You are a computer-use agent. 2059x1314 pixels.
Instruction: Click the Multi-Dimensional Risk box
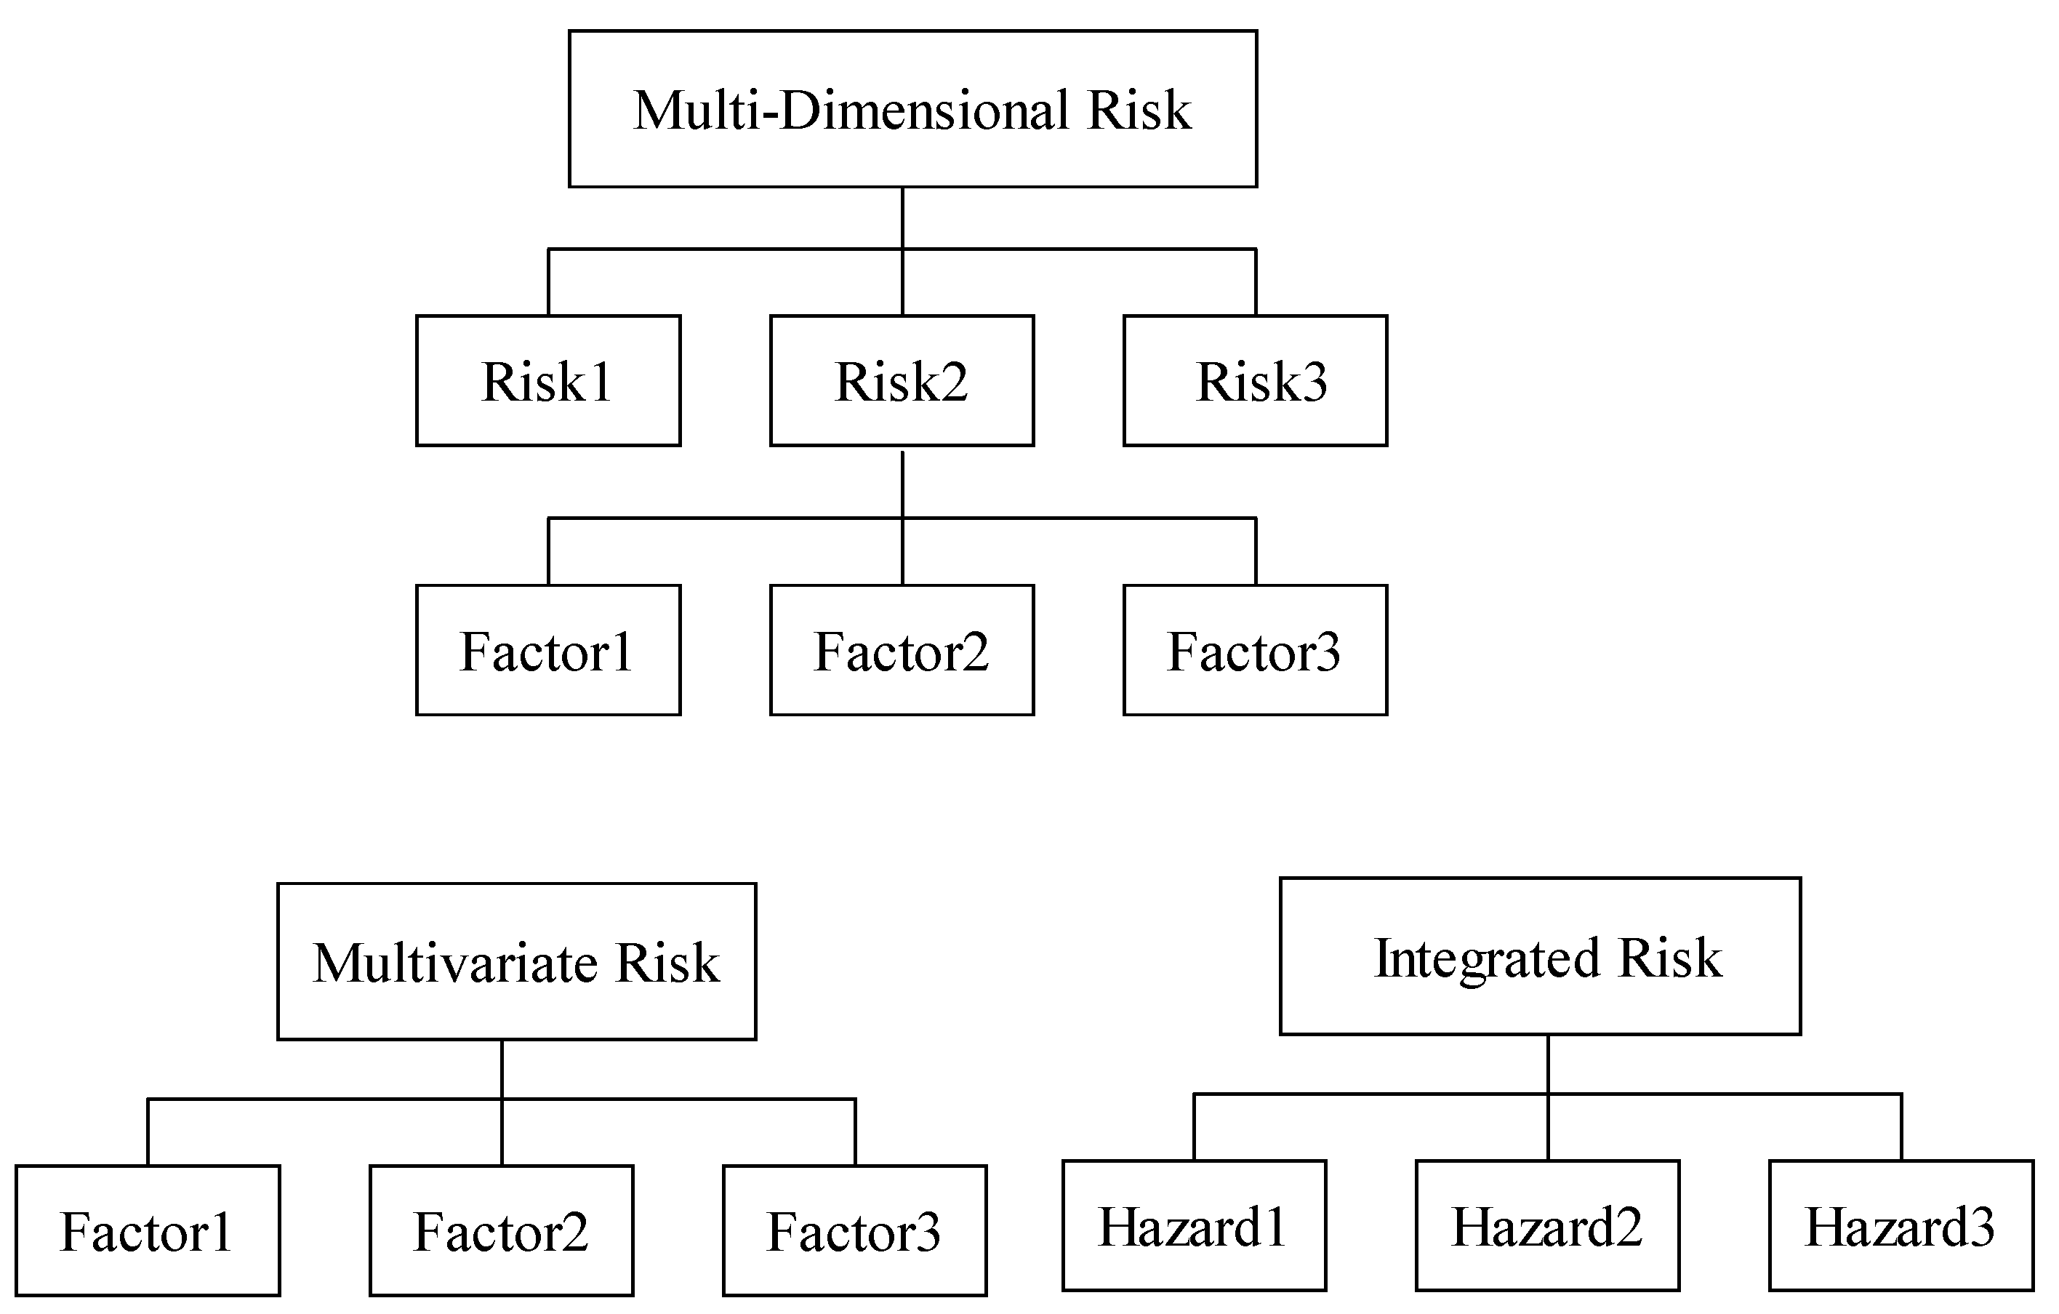point(912,108)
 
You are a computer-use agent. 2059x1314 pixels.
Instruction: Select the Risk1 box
point(548,381)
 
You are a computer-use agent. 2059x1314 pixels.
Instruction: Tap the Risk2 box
point(902,381)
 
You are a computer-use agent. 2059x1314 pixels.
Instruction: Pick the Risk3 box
point(1254,381)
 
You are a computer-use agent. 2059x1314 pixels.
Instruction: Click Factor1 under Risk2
point(548,650)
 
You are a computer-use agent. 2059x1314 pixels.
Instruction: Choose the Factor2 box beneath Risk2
point(902,650)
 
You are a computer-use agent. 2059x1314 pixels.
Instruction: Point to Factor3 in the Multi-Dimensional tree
point(1254,650)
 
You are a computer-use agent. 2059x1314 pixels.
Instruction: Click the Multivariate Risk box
point(516,961)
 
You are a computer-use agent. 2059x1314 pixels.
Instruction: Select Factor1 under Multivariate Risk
point(147,1230)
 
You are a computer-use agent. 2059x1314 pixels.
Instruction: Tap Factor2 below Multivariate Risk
point(501,1230)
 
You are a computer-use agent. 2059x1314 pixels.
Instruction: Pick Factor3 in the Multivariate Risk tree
point(854,1230)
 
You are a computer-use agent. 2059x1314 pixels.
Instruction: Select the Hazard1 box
point(1194,1225)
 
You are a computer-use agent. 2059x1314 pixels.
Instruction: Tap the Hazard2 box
point(1547,1225)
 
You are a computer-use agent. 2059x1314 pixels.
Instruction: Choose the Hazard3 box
point(1901,1225)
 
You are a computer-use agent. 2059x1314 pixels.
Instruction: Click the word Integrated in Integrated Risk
point(1486,958)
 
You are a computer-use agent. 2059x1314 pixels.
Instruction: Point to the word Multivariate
point(456,964)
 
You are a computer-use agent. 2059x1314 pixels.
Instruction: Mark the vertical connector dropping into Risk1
point(548,282)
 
